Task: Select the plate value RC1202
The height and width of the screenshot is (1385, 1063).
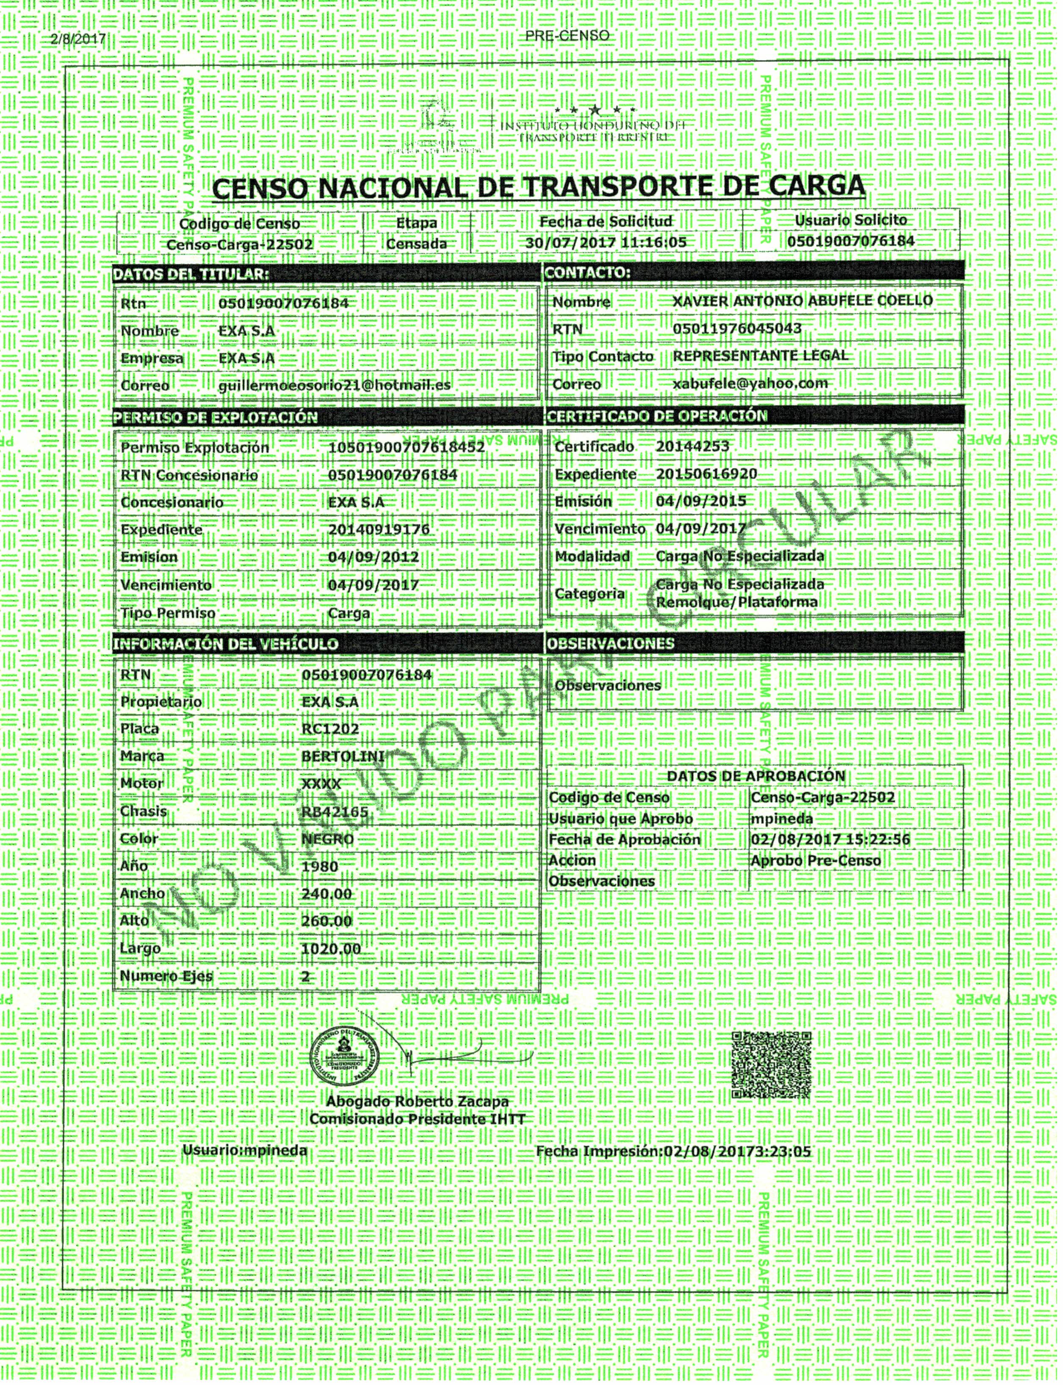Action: (330, 729)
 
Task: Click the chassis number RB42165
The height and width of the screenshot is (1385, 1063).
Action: (335, 812)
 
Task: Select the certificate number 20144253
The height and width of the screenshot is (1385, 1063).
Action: (693, 447)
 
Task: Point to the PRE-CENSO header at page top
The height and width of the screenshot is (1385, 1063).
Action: (567, 36)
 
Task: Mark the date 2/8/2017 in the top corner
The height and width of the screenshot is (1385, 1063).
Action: (77, 39)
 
